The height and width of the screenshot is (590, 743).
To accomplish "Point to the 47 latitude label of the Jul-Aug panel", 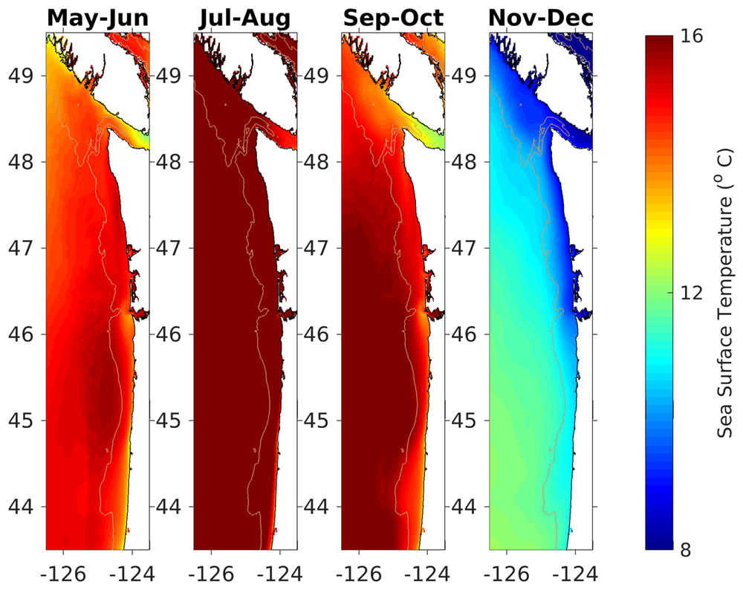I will point(170,248).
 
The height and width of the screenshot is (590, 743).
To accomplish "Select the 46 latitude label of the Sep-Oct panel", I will point(318,334).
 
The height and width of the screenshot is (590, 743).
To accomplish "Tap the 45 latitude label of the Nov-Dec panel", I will point(466,421).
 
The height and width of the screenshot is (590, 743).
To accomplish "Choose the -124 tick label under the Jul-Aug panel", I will point(280,574).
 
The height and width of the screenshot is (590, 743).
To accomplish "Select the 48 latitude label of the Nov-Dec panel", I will point(466,162).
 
